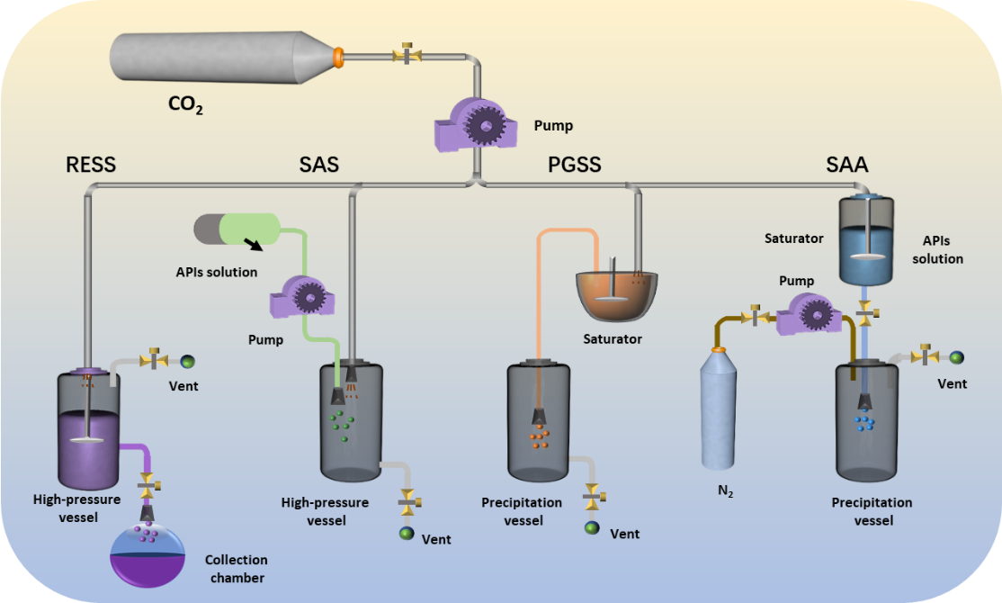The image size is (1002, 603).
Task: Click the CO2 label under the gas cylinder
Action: (x=186, y=105)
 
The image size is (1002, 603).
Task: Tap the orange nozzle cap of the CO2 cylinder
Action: (x=338, y=57)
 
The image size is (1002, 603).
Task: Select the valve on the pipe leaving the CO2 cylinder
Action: (x=407, y=55)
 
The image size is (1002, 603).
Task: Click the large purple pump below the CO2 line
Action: (x=479, y=124)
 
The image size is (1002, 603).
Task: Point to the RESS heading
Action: (x=91, y=165)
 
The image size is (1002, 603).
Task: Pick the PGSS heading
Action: (x=574, y=165)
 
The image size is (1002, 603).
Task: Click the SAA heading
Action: (x=847, y=165)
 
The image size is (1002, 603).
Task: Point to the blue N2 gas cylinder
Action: (x=719, y=409)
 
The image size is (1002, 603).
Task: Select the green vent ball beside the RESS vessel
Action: (x=187, y=361)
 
